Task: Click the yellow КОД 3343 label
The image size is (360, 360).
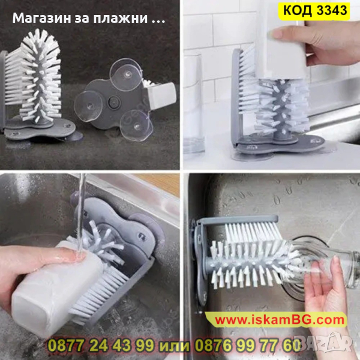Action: click(x=314, y=11)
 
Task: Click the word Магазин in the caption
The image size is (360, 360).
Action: click(x=41, y=18)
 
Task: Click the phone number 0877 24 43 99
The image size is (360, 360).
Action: click(x=101, y=346)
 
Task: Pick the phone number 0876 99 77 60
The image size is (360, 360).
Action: click(x=247, y=346)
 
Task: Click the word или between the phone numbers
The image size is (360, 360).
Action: click(x=174, y=346)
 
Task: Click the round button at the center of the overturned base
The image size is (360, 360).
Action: click(x=114, y=101)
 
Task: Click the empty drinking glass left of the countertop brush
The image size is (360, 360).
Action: click(x=193, y=105)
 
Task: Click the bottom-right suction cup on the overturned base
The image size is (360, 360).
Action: click(x=136, y=126)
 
